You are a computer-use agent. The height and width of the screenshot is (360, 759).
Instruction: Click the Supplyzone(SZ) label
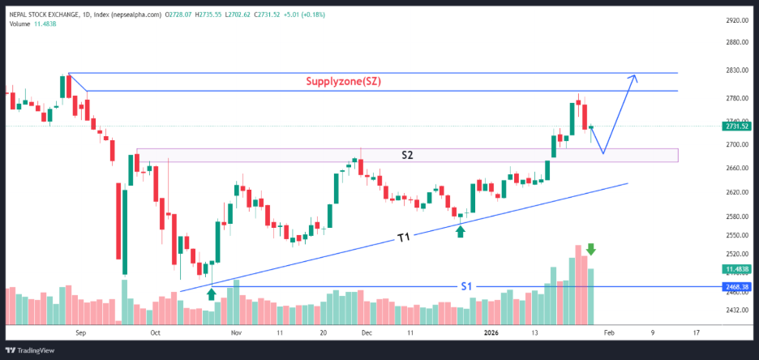click(343, 81)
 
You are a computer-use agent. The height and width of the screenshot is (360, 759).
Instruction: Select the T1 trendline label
click(404, 238)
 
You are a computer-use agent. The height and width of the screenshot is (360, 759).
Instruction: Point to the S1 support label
click(466, 286)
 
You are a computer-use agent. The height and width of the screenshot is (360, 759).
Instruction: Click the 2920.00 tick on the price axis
click(735, 21)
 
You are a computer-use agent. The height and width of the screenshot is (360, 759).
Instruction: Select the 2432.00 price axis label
click(735, 311)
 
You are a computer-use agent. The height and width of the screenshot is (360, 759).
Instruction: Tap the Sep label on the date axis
click(79, 332)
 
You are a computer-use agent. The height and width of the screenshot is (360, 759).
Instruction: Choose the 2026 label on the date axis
click(491, 332)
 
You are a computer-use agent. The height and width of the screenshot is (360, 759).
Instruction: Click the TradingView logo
click(32, 350)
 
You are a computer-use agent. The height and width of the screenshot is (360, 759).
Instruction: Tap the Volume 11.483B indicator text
click(32, 24)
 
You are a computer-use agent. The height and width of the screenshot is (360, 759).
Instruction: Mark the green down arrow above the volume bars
click(592, 250)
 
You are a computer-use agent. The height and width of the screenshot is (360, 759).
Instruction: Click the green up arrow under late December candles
click(461, 231)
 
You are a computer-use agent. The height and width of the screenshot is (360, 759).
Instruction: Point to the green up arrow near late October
click(212, 294)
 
